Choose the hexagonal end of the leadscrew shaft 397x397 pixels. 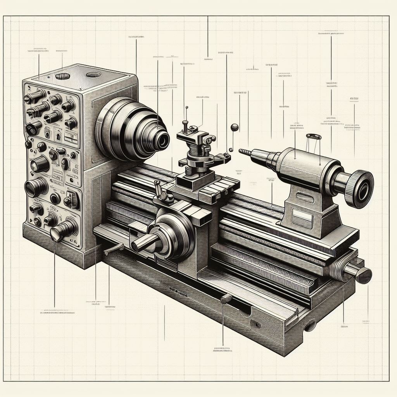pos(364,274)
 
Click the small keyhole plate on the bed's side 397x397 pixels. pos(254,324)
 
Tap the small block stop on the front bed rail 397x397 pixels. pos(226,299)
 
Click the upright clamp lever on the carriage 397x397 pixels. pos(159,190)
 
